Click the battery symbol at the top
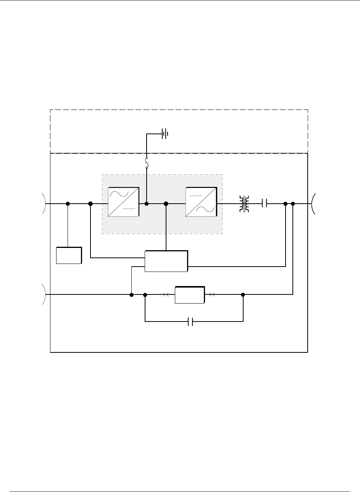(165, 134)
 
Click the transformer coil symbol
(244, 204)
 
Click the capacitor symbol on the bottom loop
(190, 322)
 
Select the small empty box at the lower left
(69, 255)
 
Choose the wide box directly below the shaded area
(166, 261)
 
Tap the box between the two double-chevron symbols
(189, 294)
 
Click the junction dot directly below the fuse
(147, 204)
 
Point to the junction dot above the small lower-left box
(68, 204)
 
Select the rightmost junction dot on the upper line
(293, 204)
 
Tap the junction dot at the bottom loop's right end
(243, 294)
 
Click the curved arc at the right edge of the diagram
(314, 204)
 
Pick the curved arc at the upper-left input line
(45, 204)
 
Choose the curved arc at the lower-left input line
(45, 294)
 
